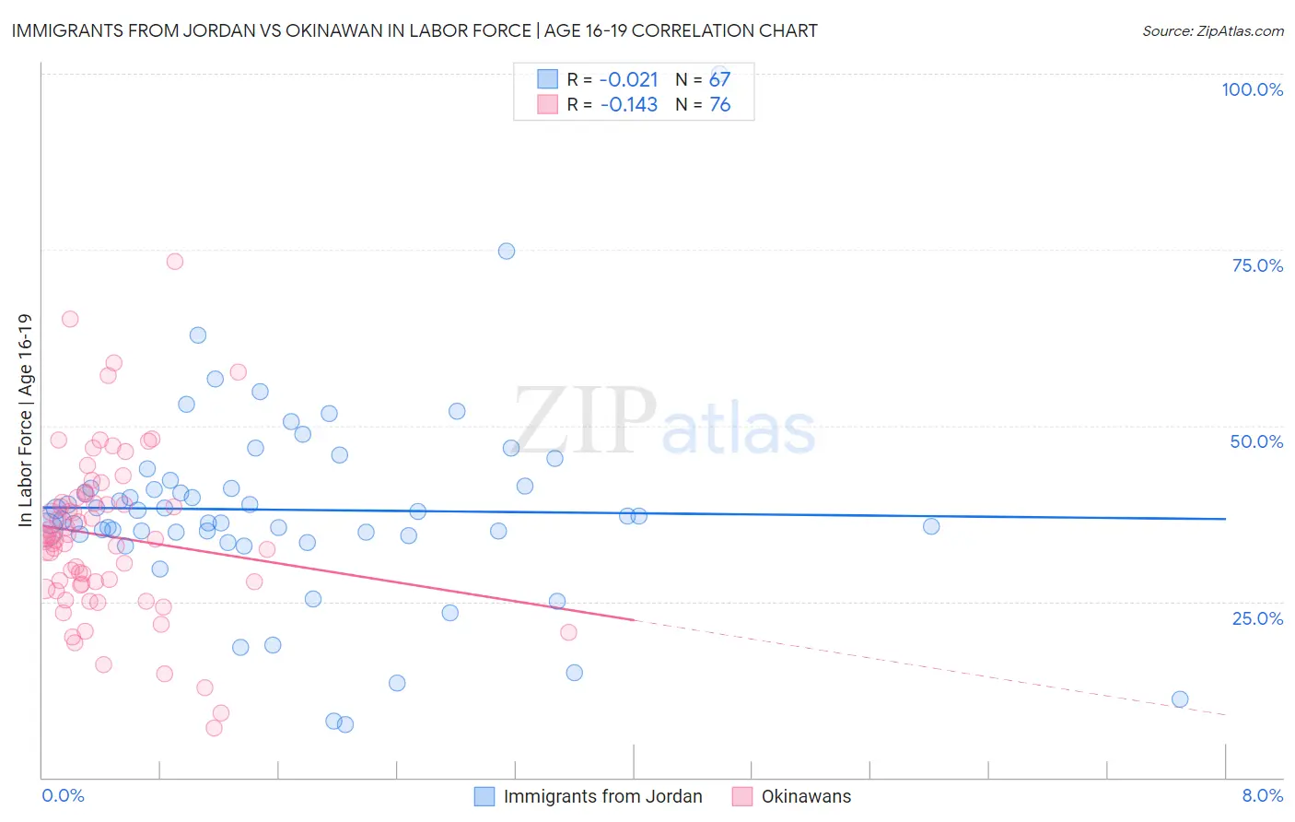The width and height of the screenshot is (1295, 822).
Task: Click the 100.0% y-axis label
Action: click(x=1252, y=89)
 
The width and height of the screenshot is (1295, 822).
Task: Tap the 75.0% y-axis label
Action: click(x=1257, y=265)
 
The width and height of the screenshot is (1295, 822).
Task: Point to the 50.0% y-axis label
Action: click(x=1256, y=441)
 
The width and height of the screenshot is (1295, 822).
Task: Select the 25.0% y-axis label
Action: click(x=1257, y=617)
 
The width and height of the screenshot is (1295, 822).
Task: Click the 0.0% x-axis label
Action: click(x=63, y=795)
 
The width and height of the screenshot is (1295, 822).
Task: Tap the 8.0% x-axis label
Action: click(x=1262, y=795)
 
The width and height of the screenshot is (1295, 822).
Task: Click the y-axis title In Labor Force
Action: click(x=25, y=420)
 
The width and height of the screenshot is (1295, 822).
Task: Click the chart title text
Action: click(x=414, y=30)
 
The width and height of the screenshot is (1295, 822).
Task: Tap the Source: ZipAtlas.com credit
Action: click(x=1212, y=30)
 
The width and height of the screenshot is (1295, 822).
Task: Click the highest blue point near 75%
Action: click(x=507, y=251)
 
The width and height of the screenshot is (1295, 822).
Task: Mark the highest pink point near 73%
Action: click(x=175, y=261)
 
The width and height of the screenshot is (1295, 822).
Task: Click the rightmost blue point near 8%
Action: click(x=1180, y=699)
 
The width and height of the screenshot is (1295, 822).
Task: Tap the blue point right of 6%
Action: click(x=931, y=526)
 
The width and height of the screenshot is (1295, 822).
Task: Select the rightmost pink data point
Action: click(x=568, y=632)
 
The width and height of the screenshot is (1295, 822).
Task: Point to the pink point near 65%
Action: click(x=70, y=319)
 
